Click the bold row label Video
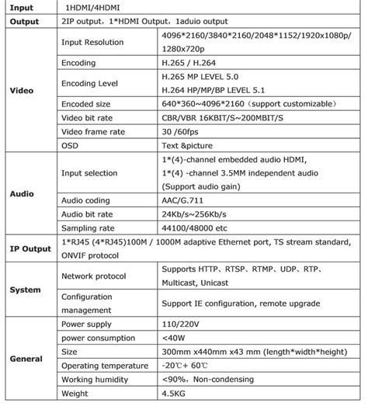pos(22,90)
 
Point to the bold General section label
pos(25,359)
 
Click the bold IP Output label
pos(26,248)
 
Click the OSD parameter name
pos(69,145)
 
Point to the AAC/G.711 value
pos(185,200)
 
